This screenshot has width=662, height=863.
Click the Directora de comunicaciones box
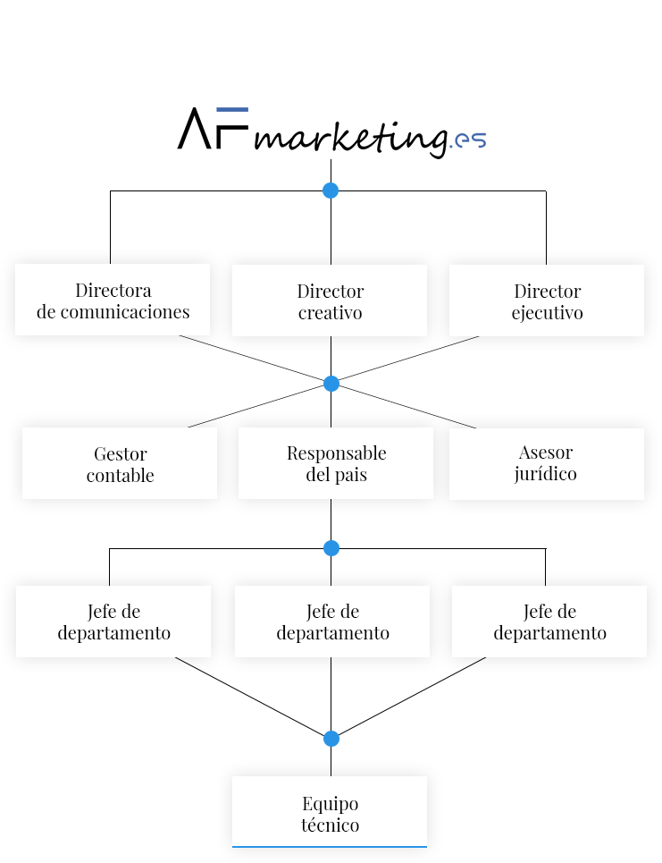(113, 300)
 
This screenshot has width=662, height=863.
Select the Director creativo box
(330, 300)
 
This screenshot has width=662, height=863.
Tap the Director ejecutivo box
(547, 300)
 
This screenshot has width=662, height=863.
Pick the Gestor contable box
(120, 463)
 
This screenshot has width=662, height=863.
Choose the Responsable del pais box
(336, 463)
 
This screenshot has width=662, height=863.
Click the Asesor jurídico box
(547, 464)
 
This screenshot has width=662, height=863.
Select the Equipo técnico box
(330, 812)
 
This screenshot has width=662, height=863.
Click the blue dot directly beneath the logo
(331, 190)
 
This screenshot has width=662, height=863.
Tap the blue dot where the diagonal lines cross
(331, 384)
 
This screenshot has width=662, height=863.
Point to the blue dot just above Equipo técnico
(331, 739)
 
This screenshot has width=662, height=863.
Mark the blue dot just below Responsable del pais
(331, 548)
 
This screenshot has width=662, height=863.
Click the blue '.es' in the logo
(468, 140)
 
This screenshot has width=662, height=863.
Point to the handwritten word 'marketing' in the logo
(351, 138)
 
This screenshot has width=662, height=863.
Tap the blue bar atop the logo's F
(232, 109)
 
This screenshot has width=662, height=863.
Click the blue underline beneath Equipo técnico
(330, 847)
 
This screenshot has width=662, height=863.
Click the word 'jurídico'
(546, 475)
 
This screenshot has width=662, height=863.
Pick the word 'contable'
(120, 475)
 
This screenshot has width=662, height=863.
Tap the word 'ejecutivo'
(547, 313)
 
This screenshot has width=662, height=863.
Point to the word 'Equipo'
(330, 805)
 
